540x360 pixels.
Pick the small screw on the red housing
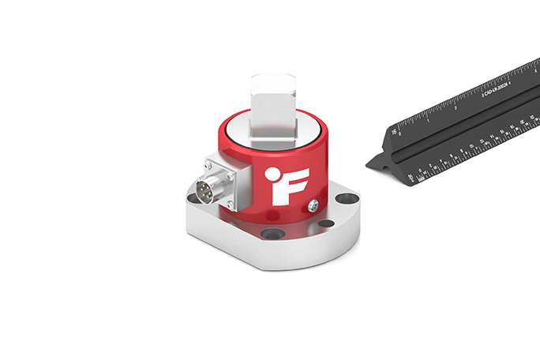[x=314, y=204]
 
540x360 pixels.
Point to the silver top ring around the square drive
[x=237, y=126]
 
